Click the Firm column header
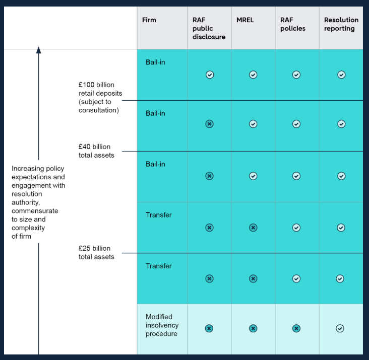pos(149,20)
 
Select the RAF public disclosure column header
pos(209,28)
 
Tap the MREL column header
pos(245,20)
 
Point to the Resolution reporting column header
pos(341,24)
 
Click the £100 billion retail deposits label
pos(100,89)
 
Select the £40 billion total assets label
pos(96,151)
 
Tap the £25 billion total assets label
pos(96,253)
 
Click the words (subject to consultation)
pos(99,106)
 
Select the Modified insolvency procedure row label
pos(161,325)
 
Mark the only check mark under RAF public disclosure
pos(210,75)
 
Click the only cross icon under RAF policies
pos(296,328)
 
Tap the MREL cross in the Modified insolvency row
pos(253,328)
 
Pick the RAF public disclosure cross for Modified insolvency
pos(209,328)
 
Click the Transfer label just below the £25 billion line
pos(159,266)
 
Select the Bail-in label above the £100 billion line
pos(155,62)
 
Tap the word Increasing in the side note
pos(28,169)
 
